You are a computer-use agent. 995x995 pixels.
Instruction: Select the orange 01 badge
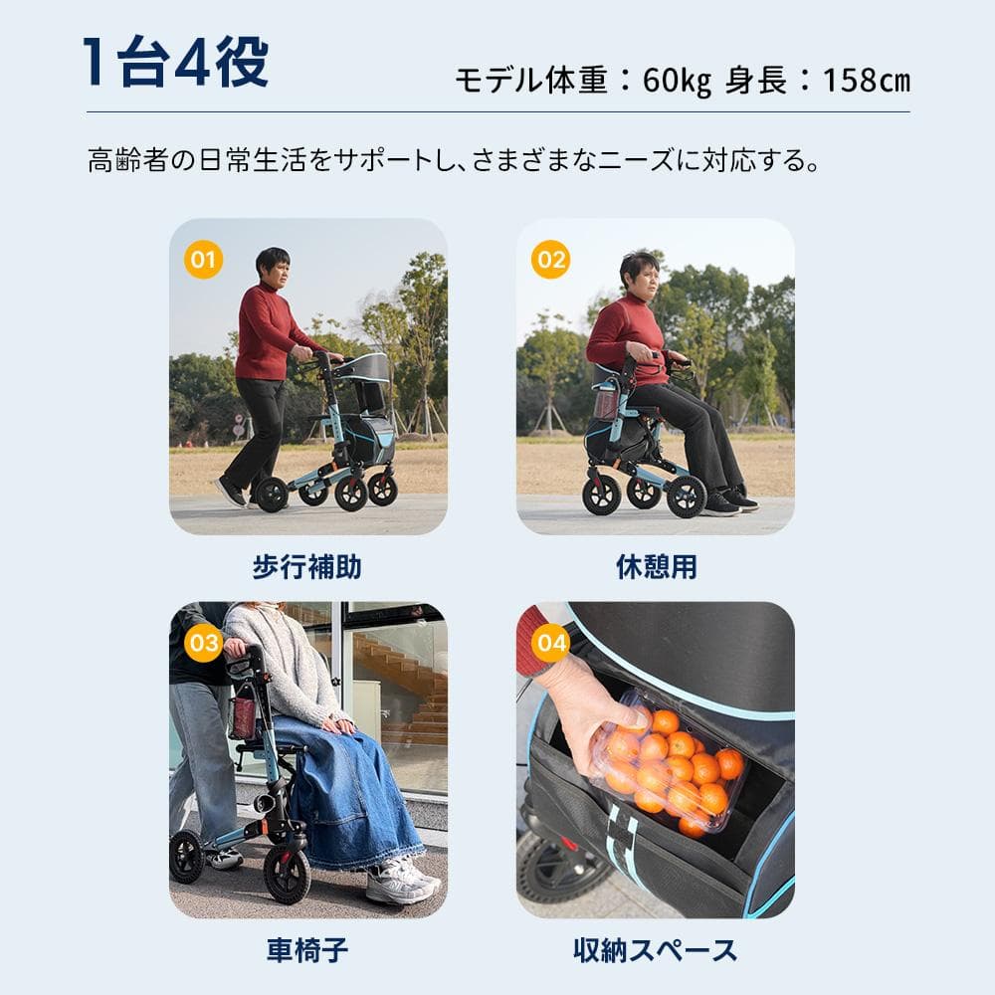click(203, 260)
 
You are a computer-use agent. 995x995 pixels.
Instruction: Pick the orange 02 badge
click(550, 260)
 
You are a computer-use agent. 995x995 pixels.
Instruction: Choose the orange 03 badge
click(203, 643)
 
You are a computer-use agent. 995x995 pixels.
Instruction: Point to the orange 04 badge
click(550, 643)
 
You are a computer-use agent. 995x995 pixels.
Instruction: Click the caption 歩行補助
click(306, 568)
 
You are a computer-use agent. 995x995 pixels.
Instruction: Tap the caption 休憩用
click(656, 568)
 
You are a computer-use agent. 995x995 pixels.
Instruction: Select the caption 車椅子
click(306, 951)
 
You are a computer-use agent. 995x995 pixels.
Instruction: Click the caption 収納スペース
click(656, 951)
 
